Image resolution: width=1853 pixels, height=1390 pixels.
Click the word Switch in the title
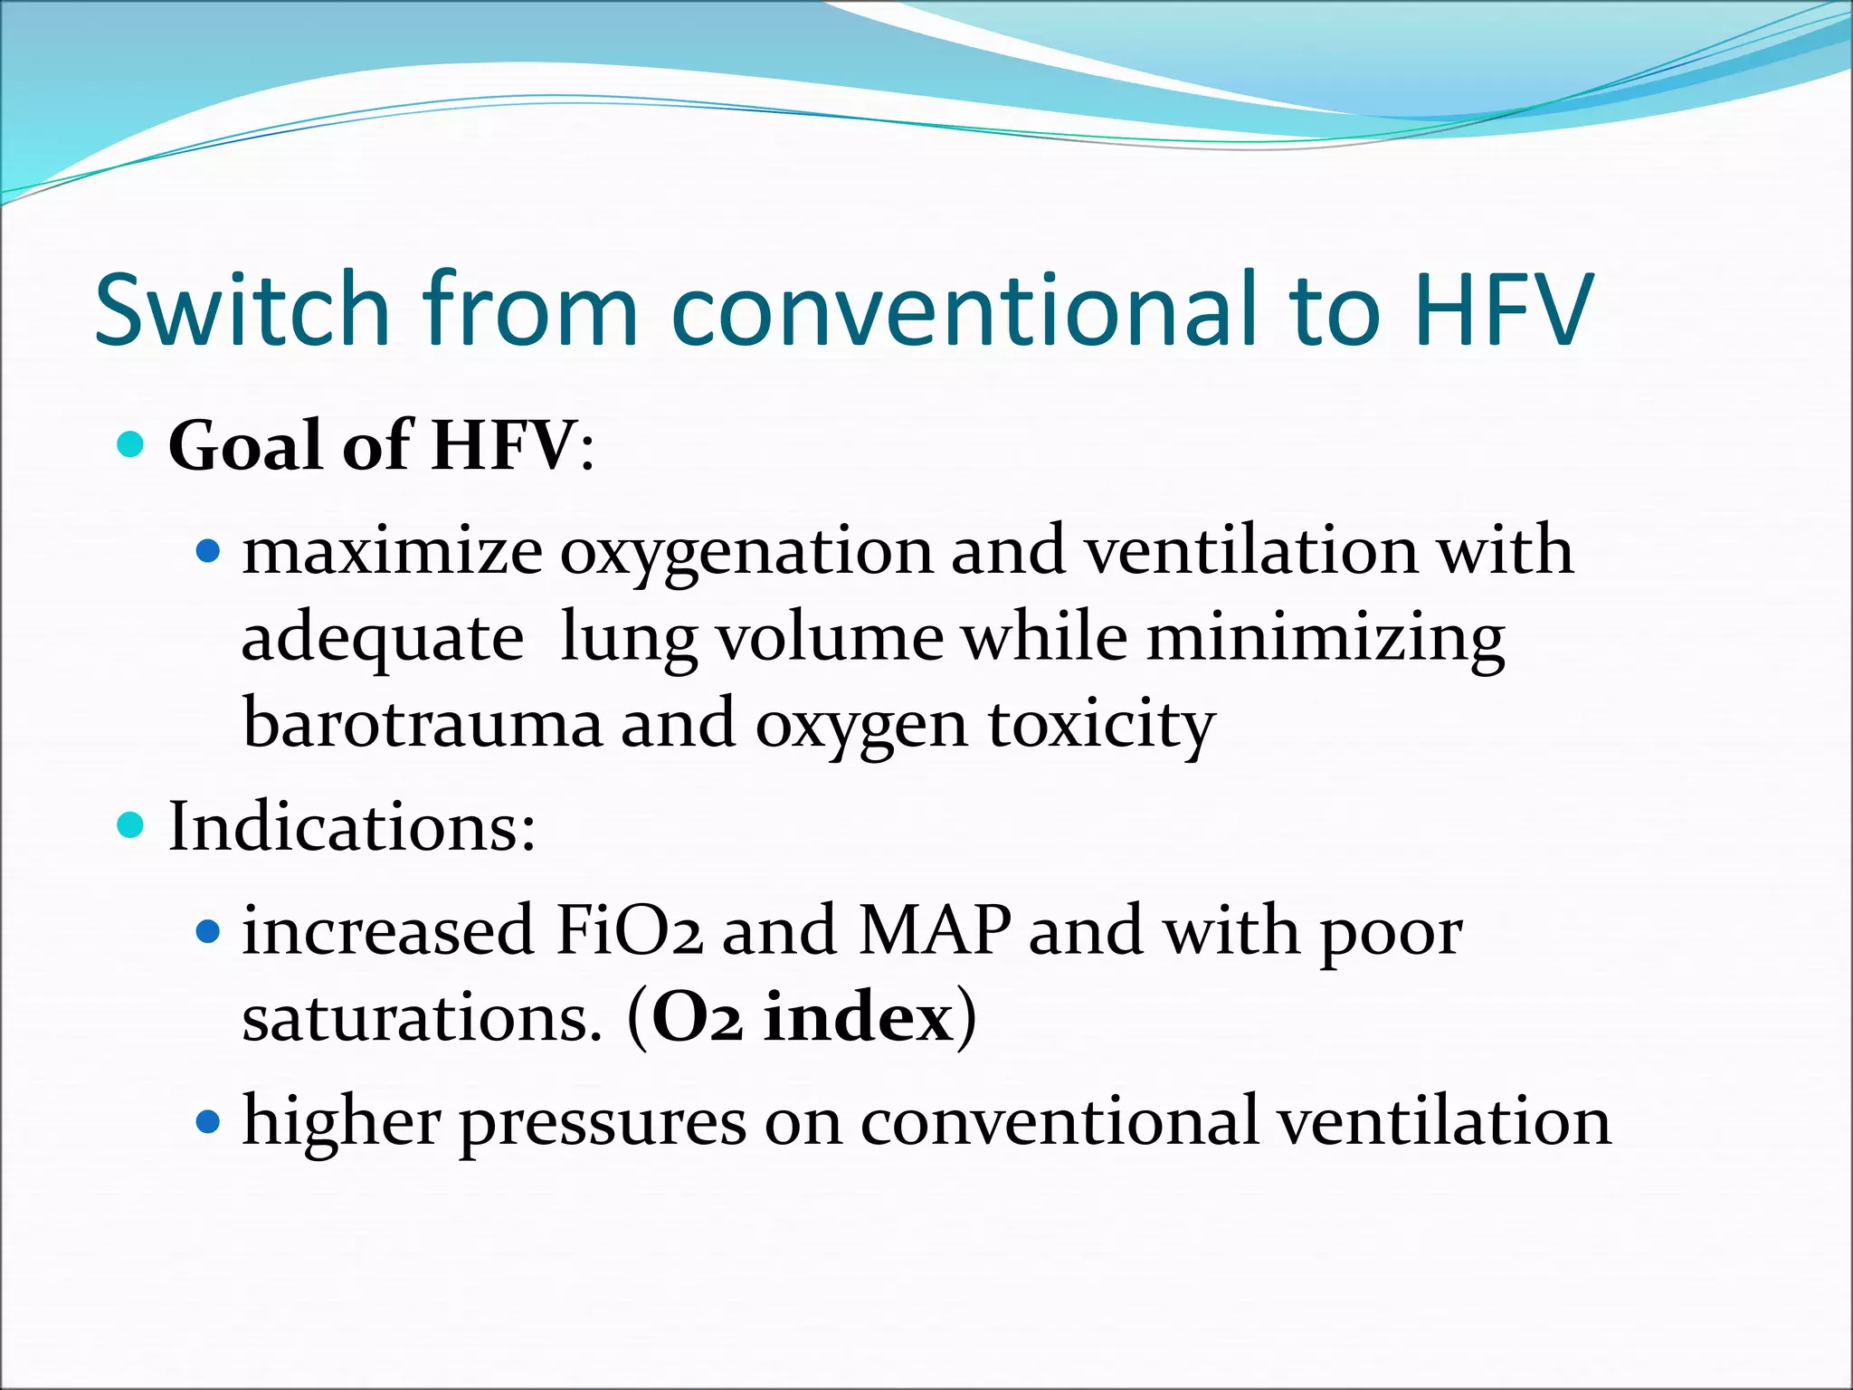[242, 309]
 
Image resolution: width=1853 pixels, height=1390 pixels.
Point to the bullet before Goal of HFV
[131, 444]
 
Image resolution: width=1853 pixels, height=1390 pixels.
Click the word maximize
[392, 551]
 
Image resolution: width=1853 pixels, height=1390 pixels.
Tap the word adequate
[382, 639]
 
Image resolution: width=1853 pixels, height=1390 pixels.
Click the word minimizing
[1325, 639]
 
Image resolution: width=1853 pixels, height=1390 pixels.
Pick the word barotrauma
[423, 724]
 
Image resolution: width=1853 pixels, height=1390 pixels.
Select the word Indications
[352, 827]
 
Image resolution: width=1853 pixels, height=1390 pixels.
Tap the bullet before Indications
[131, 825]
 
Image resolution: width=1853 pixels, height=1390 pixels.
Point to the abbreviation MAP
[934, 931]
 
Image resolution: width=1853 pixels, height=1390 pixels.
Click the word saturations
[422, 1019]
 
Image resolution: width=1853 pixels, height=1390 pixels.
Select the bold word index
[858, 1019]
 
